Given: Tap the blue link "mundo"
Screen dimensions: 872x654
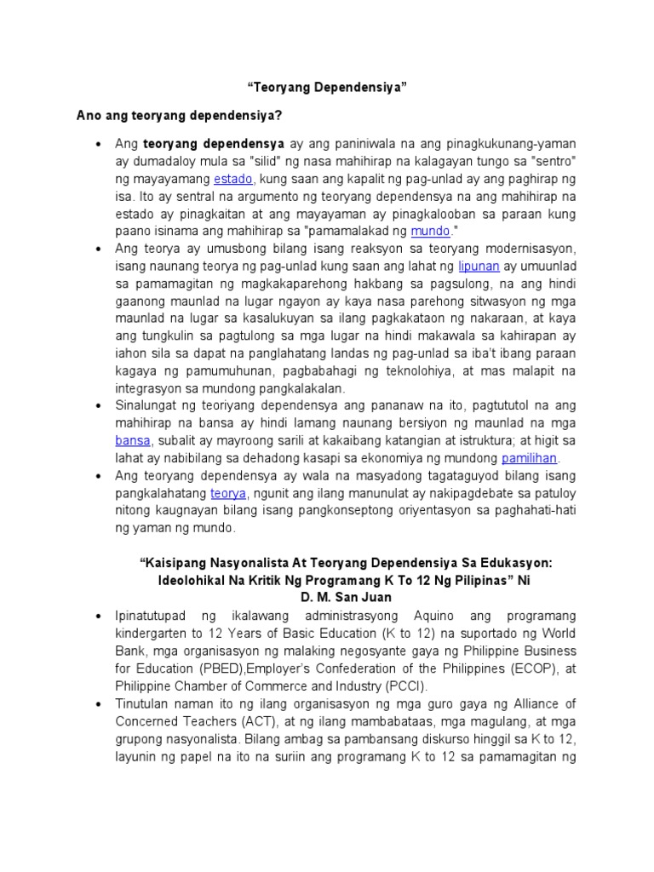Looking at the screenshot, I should pyautogui.click(x=428, y=231).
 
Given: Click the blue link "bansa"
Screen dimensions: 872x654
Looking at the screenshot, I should pyautogui.click(x=133, y=440).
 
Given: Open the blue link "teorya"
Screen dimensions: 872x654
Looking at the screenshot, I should pyautogui.click(x=228, y=493).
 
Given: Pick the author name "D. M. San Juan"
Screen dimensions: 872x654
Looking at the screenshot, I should pyautogui.click(x=327, y=596).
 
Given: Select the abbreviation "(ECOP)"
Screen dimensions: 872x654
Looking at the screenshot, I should pyautogui.click(x=522, y=668).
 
